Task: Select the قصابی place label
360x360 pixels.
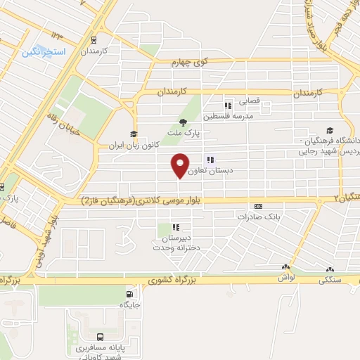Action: (x=250, y=101)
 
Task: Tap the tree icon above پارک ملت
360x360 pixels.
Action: (x=183, y=122)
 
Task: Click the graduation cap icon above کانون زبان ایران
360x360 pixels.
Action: (x=132, y=134)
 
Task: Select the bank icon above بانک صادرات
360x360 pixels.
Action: (x=258, y=206)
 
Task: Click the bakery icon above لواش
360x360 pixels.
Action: (x=285, y=268)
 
